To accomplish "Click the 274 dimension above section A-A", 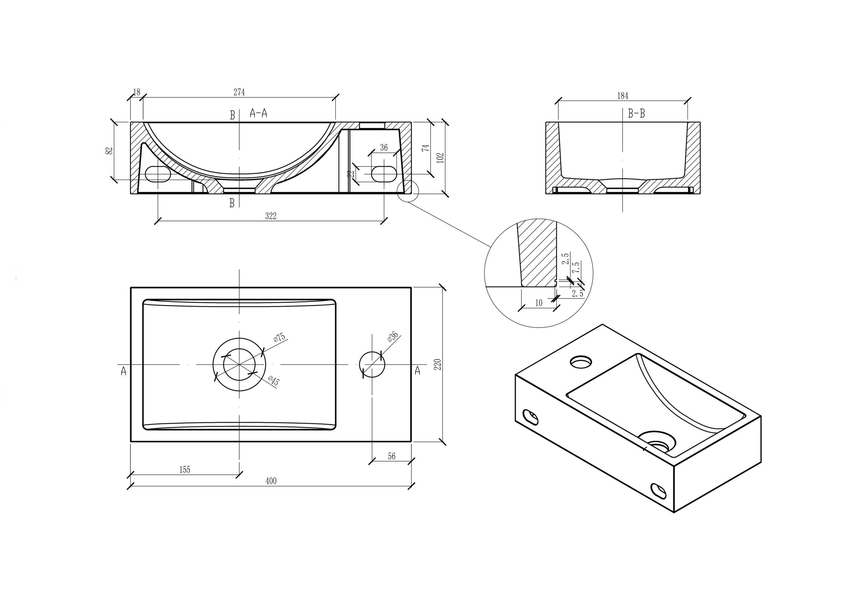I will click(x=239, y=92).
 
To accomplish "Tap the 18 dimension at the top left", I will click(x=136, y=92).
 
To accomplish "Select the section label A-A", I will click(x=258, y=113).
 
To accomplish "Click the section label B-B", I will click(x=636, y=114).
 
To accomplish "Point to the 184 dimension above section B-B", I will click(x=623, y=96).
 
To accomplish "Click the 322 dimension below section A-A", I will click(x=271, y=216).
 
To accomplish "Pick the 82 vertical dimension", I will click(x=109, y=151).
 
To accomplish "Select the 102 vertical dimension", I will click(x=441, y=158).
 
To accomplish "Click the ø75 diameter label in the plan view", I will click(x=279, y=338).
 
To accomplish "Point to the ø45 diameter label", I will click(x=273, y=381).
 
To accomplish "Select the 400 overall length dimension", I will click(x=271, y=481).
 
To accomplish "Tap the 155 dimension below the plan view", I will click(x=185, y=470).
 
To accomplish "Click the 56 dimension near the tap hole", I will click(x=392, y=456).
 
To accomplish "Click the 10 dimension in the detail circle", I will click(x=539, y=303).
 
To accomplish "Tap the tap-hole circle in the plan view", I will click(x=372, y=364).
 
